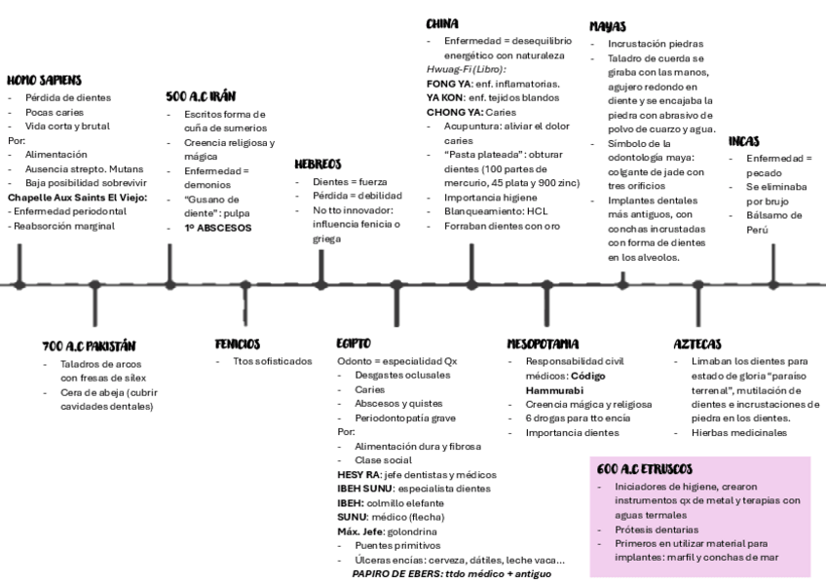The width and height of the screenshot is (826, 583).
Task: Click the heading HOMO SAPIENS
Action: click(44, 80)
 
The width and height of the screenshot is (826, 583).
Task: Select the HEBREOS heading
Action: click(318, 164)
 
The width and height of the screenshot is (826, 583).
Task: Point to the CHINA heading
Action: click(442, 23)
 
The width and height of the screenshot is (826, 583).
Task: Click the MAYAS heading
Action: click(607, 26)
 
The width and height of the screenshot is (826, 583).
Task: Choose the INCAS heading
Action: click(744, 141)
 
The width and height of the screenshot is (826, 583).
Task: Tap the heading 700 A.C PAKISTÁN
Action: click(89, 346)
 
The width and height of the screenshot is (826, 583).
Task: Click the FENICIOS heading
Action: click(237, 344)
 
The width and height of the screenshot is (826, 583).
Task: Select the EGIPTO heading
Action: click(353, 344)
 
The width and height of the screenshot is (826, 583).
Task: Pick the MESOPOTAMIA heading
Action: click(543, 344)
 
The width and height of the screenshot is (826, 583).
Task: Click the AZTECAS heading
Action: click(696, 344)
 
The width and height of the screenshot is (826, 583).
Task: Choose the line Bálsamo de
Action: click(774, 215)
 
